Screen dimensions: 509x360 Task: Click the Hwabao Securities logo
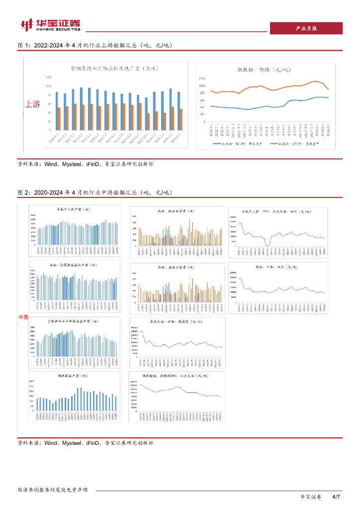[x=50, y=24]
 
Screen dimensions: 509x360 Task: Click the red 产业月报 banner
[x=305, y=29]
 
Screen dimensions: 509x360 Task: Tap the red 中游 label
[x=23, y=317]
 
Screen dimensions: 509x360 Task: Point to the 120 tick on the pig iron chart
[x=48, y=78]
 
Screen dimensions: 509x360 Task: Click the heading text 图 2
[x=24, y=192]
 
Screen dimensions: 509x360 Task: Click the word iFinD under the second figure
[x=93, y=442]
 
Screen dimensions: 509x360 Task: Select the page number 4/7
[x=336, y=497]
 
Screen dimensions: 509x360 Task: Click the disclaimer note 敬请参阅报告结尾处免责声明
[x=52, y=490]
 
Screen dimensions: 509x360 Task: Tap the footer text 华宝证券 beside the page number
[x=311, y=497]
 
